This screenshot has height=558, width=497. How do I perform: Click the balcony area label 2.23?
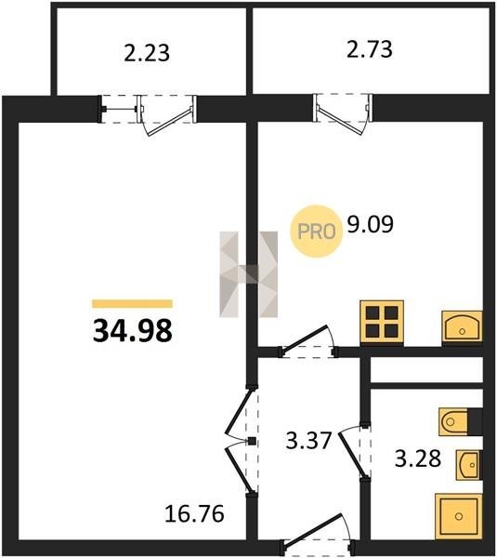(147, 53)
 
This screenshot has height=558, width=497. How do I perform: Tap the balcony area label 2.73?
(370, 49)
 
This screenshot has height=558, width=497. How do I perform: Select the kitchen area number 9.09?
(370, 224)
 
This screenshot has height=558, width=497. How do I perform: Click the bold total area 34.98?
(132, 330)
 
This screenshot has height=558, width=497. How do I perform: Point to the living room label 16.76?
(194, 514)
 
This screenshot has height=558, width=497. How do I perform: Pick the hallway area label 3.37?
(309, 440)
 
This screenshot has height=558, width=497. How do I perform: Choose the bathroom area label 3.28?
(418, 458)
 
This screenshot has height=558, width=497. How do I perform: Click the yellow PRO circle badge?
(317, 232)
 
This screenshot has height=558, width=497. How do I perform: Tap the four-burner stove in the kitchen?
(382, 323)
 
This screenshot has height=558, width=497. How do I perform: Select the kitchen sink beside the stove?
(462, 327)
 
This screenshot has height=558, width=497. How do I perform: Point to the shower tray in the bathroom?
(459, 515)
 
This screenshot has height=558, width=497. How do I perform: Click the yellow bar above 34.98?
(132, 303)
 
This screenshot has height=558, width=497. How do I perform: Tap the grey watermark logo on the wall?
(249, 274)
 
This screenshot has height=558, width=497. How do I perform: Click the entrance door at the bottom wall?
(318, 537)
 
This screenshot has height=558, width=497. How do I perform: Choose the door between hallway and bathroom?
(355, 450)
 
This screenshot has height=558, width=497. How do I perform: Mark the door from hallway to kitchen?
(307, 341)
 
